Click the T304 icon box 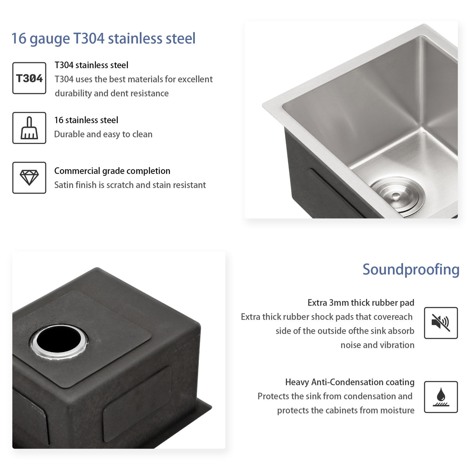29,78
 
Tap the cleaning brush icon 29,128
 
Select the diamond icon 29,178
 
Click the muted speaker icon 441,323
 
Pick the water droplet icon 441,397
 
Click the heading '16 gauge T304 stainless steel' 103,39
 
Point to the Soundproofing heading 411,269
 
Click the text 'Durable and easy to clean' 103,134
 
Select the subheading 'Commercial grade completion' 112,171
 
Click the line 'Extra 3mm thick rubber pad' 361,303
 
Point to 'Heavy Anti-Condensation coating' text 350,382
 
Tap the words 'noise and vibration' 377,345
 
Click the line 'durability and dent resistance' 111,93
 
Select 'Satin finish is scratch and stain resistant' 130,185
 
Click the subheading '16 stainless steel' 86,120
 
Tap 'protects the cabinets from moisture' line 345,410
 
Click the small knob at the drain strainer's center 396,196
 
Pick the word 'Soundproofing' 411,269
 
